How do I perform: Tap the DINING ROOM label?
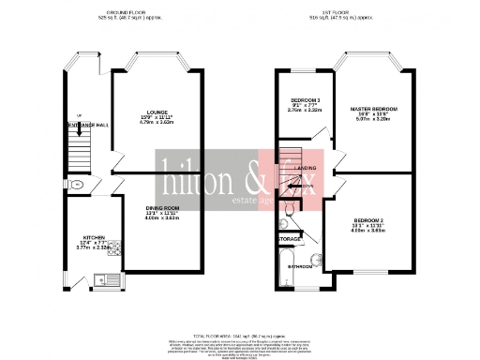pyautogui.click(x=157, y=207)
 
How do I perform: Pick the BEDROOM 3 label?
pyautogui.click(x=305, y=99)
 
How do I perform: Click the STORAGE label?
pyautogui.click(x=290, y=238)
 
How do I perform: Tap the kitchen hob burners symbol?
pyautogui.click(x=114, y=248)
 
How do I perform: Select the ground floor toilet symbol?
pyautogui.click(x=75, y=186)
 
